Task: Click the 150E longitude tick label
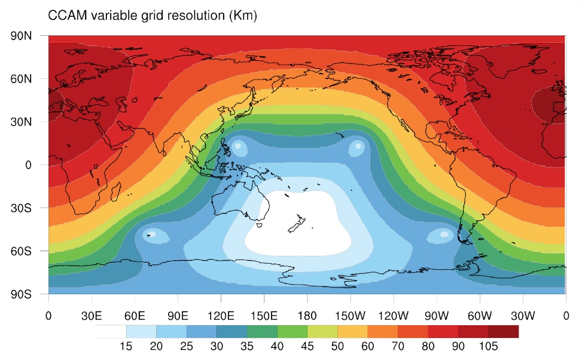[264, 314]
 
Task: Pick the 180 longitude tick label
[307, 314]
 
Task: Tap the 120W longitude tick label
[393, 314]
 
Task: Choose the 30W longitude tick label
[522, 314]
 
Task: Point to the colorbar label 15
[126, 346]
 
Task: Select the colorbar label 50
[337, 346]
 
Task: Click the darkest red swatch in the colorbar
[503, 331]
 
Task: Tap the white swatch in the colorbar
[111, 331]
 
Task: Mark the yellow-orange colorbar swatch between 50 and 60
[352, 331]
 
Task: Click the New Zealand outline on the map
[295, 225]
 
